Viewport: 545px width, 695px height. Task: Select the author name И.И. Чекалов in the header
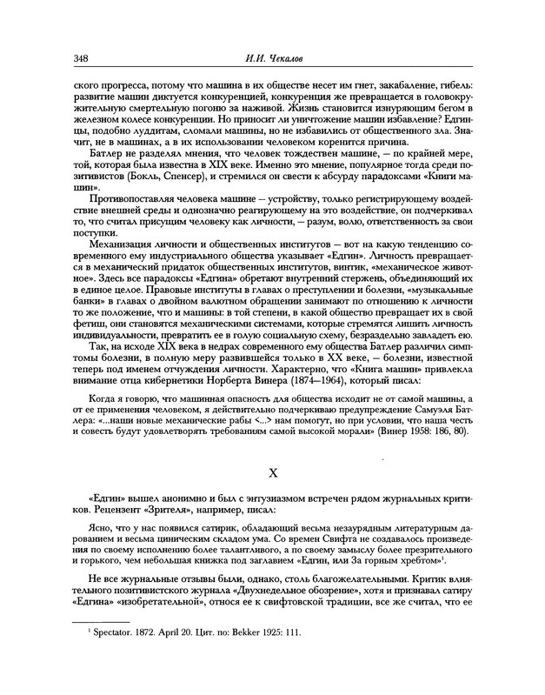tap(272, 57)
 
